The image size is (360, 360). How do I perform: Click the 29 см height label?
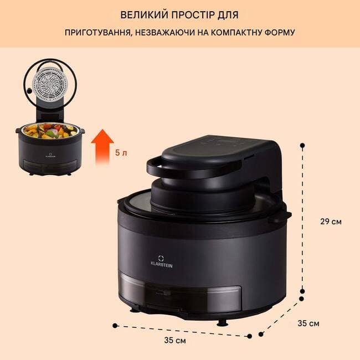click(331, 222)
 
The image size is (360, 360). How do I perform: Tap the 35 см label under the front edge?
click(175, 340)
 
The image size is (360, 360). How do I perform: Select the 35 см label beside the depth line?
click(308, 323)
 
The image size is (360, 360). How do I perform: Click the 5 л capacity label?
click(121, 153)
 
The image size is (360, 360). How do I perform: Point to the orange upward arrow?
click(102, 147)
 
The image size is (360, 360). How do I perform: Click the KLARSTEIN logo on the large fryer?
click(161, 261)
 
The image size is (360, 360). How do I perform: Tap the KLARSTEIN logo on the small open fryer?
click(50, 155)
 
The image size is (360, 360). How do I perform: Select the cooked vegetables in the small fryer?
click(51, 131)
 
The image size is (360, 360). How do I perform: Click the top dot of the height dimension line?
click(302, 145)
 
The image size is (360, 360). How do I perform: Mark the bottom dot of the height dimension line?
click(302, 291)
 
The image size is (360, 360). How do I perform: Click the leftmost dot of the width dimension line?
click(115, 326)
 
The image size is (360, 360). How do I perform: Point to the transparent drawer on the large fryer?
click(181, 294)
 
